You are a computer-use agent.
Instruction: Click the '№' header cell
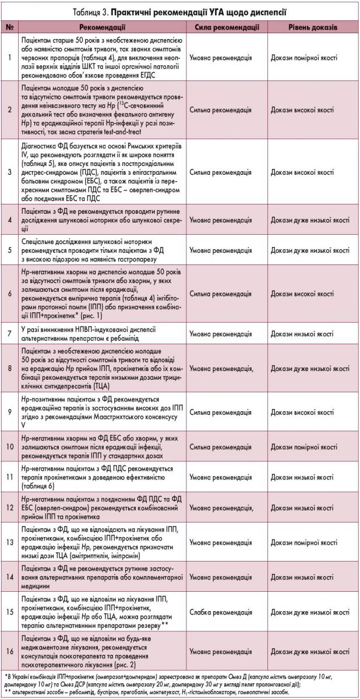[10, 27]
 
